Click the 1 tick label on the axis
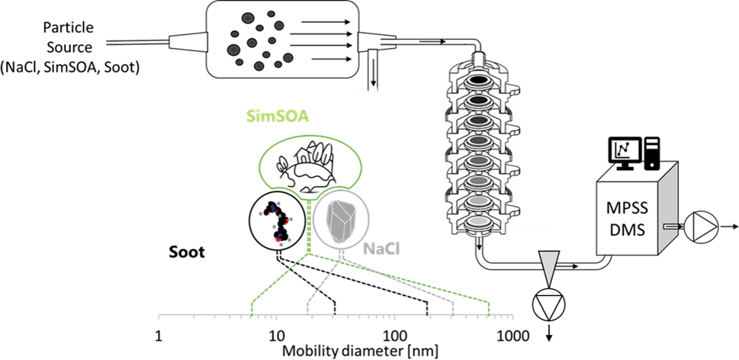159,336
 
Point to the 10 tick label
275,336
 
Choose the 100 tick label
394,336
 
